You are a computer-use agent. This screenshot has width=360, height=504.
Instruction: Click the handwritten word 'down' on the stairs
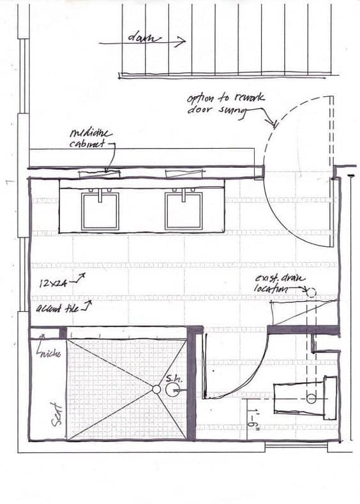[144, 39]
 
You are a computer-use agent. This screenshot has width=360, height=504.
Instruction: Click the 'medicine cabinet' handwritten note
[91, 138]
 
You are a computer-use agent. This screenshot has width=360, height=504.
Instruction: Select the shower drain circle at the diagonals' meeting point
[156, 389]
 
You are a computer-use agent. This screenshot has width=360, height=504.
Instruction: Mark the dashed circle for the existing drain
[311, 292]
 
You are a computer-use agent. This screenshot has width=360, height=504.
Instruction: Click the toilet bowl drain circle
[311, 399]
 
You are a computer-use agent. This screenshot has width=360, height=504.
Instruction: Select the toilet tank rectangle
[330, 398]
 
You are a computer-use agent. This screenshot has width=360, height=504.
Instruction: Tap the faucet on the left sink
[100, 190]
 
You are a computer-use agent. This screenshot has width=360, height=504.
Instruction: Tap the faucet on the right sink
[184, 190]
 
